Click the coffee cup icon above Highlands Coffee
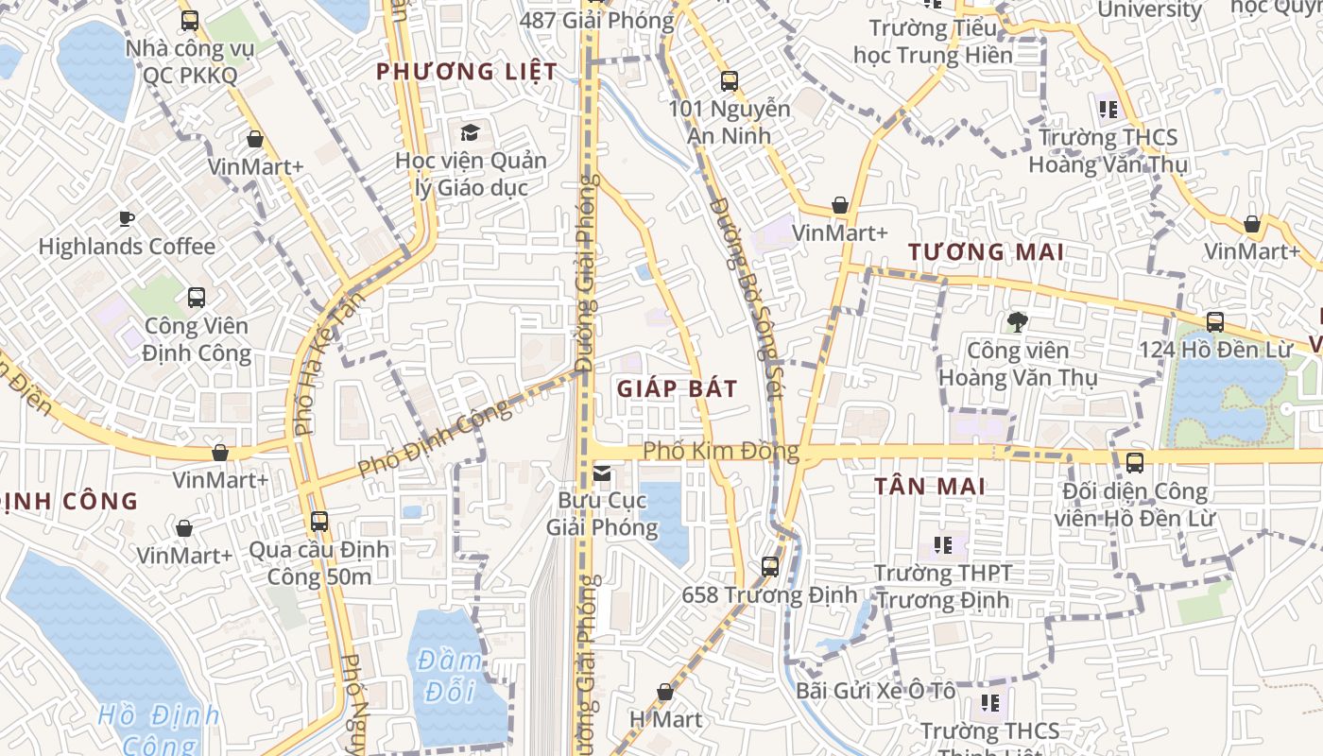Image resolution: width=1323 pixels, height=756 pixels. (127, 219)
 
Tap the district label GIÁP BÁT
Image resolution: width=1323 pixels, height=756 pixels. (677, 388)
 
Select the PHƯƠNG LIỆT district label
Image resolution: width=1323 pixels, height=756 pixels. (467, 72)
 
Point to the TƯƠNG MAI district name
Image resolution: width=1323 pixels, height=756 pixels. (986, 252)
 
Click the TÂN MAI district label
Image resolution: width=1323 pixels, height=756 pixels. (929, 487)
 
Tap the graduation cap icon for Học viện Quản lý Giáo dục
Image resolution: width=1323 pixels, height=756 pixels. (470, 132)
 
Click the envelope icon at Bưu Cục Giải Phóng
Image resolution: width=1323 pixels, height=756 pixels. (602, 472)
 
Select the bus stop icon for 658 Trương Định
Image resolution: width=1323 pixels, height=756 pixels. (770, 567)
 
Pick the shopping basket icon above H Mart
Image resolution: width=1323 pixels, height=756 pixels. (665, 692)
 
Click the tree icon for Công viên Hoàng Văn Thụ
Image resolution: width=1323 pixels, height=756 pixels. (1017, 323)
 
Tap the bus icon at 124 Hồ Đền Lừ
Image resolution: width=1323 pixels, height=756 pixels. (1215, 321)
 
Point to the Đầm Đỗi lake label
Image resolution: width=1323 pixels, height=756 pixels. (450, 676)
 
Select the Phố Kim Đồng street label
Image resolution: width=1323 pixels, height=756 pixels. (721, 452)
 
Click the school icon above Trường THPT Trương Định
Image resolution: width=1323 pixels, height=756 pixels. (942, 544)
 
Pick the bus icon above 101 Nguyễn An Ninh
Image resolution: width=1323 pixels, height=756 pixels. (729, 81)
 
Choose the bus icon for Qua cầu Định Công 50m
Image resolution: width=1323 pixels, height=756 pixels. (319, 521)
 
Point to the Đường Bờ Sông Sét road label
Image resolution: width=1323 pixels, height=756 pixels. (747, 298)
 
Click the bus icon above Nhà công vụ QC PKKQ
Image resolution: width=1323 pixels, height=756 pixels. (190, 20)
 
